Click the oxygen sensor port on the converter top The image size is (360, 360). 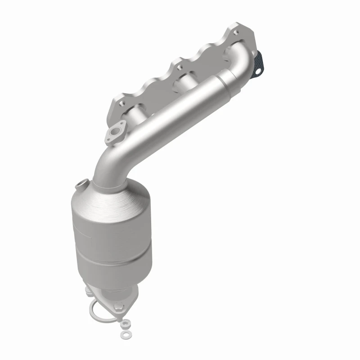click(x=81, y=184)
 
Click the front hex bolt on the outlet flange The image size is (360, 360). click(x=119, y=307)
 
